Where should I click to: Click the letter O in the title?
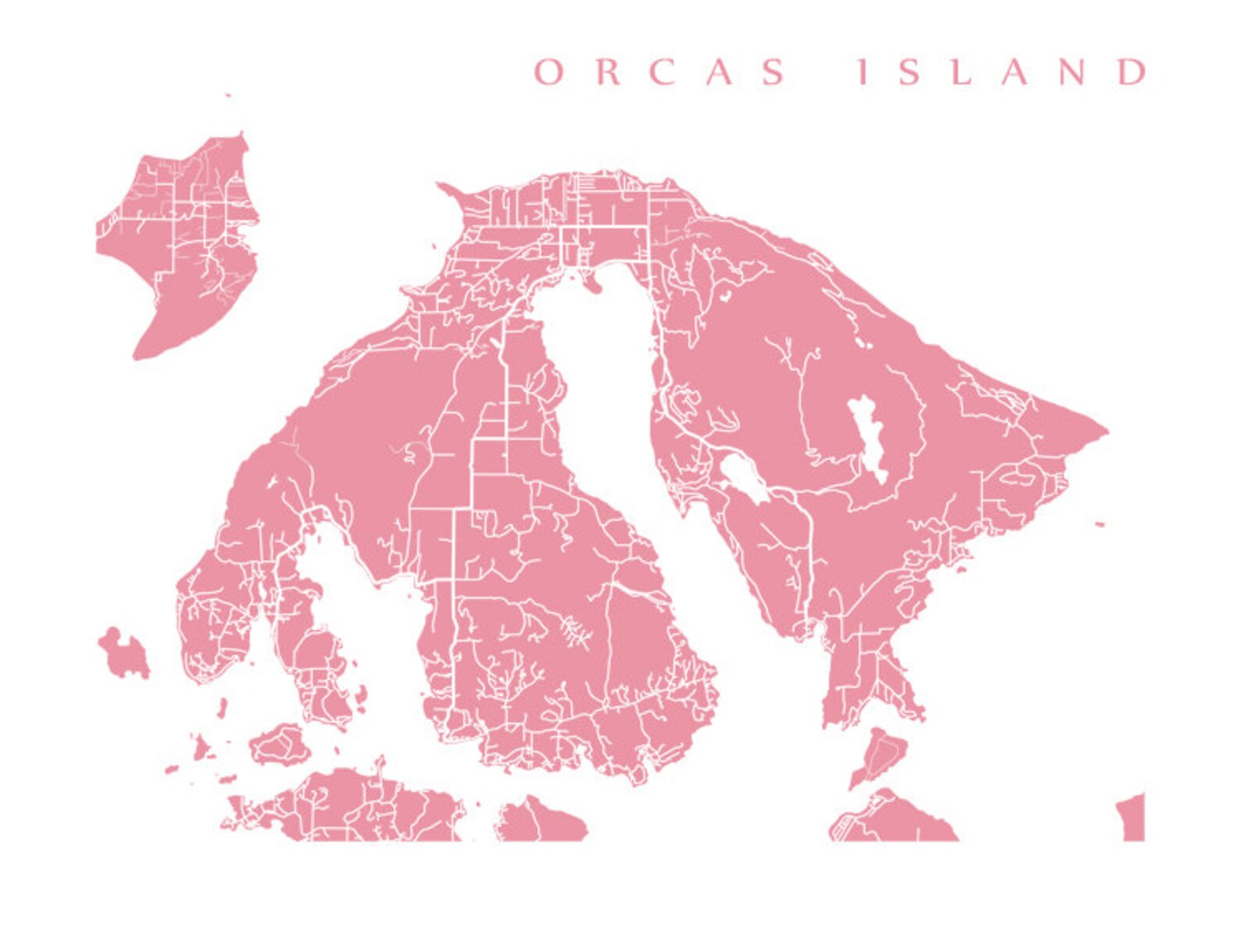pos(549,72)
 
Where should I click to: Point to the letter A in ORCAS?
pos(719,72)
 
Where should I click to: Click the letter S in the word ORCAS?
pos(774,72)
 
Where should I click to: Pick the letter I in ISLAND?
pos(863,72)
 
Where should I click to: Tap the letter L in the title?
pos(962,72)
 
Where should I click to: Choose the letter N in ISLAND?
pos(1071,72)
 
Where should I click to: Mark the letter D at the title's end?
pos(1132,72)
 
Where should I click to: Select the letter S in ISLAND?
pos(910,72)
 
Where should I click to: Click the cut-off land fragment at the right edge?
pos(1132,817)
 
